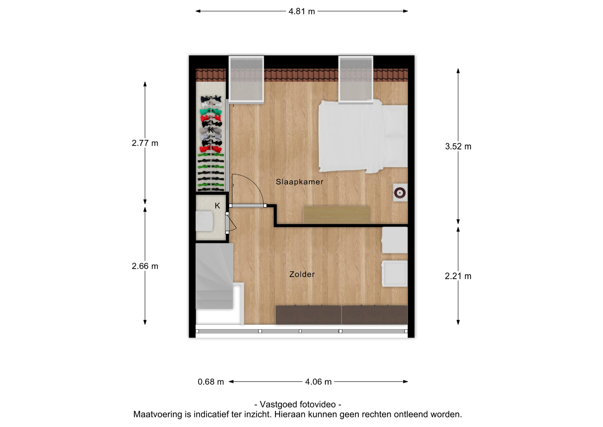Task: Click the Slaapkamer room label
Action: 300,182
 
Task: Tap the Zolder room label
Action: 302,274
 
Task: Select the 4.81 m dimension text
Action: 301,11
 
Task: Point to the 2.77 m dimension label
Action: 145,143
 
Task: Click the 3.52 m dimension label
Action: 458,147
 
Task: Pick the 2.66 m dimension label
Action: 145,266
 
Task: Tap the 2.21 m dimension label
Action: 458,276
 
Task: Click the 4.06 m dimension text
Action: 318,382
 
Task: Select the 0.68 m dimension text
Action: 211,382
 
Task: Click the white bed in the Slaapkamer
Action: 363,137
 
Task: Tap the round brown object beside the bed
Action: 400,193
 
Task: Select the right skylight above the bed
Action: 356,80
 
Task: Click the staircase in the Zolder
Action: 215,276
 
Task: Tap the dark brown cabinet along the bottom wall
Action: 341,315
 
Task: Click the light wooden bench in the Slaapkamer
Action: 336,215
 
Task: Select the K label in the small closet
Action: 217,206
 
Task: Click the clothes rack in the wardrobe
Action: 211,143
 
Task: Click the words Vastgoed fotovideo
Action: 298,404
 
